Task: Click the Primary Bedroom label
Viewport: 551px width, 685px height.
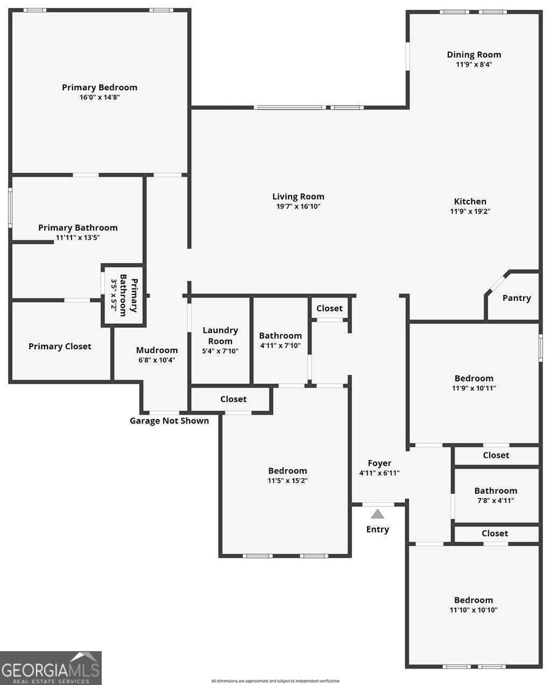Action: (99, 87)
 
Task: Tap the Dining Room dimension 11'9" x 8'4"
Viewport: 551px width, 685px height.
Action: (473, 65)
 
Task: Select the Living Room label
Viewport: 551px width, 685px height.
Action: (298, 196)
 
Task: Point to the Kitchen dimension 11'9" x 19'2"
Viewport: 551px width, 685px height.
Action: (470, 211)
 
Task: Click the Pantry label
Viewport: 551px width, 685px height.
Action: (516, 298)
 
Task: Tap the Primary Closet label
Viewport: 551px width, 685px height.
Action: (60, 346)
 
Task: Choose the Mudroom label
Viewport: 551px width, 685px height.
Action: (157, 350)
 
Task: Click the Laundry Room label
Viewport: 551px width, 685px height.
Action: (220, 336)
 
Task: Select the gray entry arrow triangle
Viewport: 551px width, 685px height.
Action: (378, 514)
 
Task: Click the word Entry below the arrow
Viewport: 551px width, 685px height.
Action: (377, 529)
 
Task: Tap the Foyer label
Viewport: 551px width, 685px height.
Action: (379, 463)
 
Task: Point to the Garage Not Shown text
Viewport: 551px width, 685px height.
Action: (169, 421)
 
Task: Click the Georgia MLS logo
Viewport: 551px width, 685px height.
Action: (51, 668)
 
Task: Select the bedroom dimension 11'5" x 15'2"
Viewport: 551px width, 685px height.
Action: (288, 481)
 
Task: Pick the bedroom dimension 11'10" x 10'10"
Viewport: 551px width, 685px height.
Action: (473, 610)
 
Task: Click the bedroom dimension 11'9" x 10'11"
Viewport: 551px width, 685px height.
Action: (473, 388)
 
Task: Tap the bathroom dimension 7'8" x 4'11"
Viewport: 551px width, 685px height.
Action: (495, 500)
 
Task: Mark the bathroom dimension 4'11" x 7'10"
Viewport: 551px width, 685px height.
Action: (280, 345)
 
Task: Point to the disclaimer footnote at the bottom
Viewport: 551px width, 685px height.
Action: (275, 680)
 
